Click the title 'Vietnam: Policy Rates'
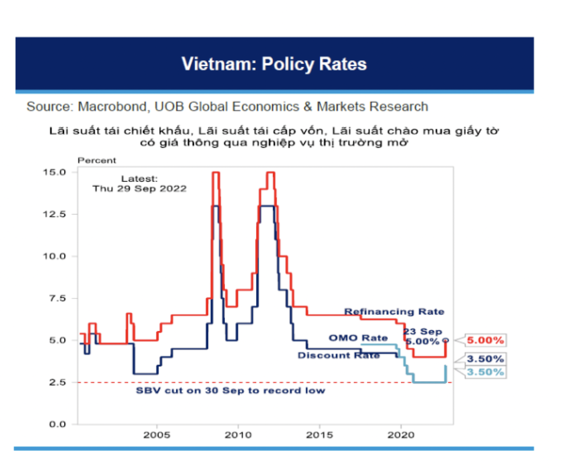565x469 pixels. tap(274, 64)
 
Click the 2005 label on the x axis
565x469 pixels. tap(156, 434)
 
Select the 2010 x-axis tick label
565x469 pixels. tap(238, 434)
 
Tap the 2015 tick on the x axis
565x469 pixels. tap(319, 434)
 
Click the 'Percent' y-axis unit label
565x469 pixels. tap(97, 160)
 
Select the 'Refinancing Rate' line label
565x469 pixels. tap(394, 311)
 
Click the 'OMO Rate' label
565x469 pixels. tap(358, 338)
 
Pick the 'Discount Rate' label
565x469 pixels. tap(339, 356)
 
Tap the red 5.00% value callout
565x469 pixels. tap(485, 340)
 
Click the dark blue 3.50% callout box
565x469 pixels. tap(485, 359)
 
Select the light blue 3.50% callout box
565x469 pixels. tap(485, 372)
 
